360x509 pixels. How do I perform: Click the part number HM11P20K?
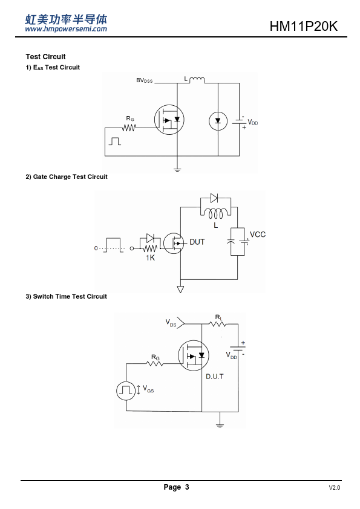(x=304, y=26)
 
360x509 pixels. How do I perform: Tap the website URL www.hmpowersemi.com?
(x=66, y=29)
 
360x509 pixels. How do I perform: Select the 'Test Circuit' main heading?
(x=45, y=56)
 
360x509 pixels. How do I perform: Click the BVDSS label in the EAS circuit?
(x=144, y=80)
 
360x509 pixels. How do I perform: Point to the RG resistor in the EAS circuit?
(x=129, y=128)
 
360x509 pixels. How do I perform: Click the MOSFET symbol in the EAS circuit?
(x=169, y=120)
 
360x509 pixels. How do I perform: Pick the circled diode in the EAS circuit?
(x=218, y=121)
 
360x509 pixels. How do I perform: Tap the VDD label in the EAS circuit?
(x=253, y=122)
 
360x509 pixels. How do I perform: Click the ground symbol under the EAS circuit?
(x=177, y=169)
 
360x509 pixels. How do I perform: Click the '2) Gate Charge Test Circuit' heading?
(x=67, y=177)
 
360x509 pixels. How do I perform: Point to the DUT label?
(x=197, y=242)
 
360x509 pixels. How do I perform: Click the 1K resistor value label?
(x=150, y=258)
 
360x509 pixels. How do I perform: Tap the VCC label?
(x=258, y=235)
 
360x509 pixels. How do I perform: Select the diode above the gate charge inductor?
(x=214, y=198)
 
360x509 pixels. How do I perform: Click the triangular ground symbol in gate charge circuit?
(x=180, y=289)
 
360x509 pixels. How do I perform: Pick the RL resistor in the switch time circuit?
(x=217, y=323)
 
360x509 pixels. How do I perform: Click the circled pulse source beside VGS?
(x=126, y=391)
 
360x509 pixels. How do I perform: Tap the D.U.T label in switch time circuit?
(x=215, y=377)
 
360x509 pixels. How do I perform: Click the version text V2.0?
(x=335, y=488)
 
